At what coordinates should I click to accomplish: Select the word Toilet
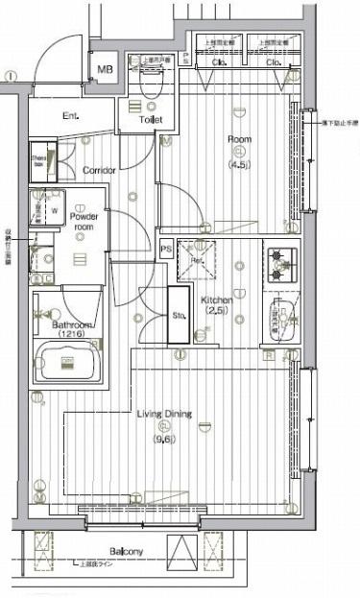[151, 120]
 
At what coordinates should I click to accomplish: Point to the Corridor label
[99, 170]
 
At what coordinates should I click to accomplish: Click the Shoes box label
[40, 159]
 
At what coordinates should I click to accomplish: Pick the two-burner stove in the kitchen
[280, 264]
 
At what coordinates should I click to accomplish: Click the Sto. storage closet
[179, 313]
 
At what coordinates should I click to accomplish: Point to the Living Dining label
[163, 415]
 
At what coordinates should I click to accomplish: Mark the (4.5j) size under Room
[239, 164]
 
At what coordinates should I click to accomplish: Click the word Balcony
[125, 551]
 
